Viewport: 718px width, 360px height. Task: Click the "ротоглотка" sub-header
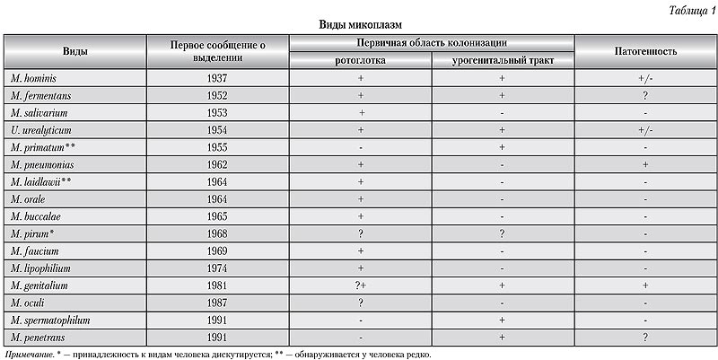(x=360, y=60)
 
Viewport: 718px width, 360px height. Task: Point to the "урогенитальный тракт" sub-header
(x=502, y=60)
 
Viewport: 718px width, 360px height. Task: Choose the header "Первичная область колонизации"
(x=431, y=42)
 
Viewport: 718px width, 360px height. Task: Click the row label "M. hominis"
(x=34, y=78)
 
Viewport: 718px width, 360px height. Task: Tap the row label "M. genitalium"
(x=40, y=285)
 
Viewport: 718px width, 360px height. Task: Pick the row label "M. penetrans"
(x=39, y=337)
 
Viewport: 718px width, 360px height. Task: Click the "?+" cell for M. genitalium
(x=360, y=285)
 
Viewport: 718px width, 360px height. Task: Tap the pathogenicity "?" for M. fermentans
(x=644, y=95)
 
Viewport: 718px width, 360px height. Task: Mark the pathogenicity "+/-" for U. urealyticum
(x=644, y=130)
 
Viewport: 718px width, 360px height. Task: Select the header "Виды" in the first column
(x=74, y=51)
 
